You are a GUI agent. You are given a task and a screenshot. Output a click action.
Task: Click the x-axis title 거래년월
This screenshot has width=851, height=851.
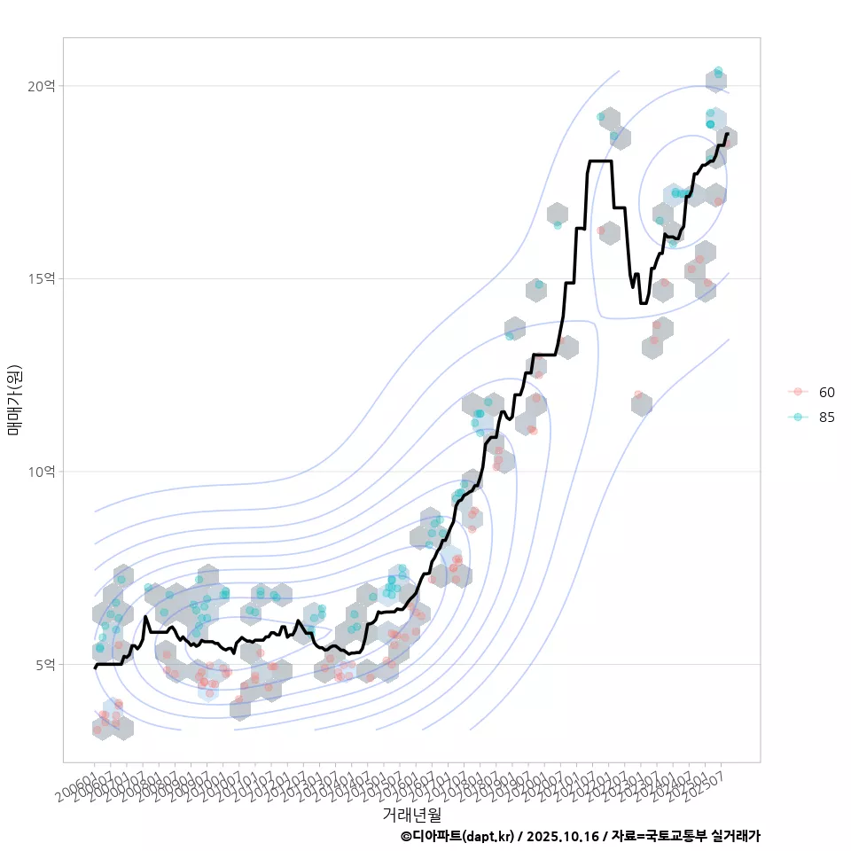tap(411, 813)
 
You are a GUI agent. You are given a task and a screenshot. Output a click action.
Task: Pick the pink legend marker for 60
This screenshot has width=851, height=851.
tap(798, 392)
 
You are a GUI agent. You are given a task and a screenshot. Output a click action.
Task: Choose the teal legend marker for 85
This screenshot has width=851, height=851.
tap(798, 418)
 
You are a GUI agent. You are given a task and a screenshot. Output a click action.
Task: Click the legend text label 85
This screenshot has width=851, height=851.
tap(826, 418)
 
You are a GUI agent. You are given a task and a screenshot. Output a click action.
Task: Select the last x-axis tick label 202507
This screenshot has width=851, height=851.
tap(709, 780)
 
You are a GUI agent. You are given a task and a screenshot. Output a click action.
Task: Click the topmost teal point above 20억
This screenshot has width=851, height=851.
tap(718, 71)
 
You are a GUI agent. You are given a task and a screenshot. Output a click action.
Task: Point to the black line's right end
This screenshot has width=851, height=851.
tap(727, 135)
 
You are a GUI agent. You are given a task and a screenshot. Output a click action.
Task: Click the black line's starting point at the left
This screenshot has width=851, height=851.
tap(95, 668)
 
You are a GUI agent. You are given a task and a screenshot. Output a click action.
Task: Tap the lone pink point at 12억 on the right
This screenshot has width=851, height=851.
tap(638, 394)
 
